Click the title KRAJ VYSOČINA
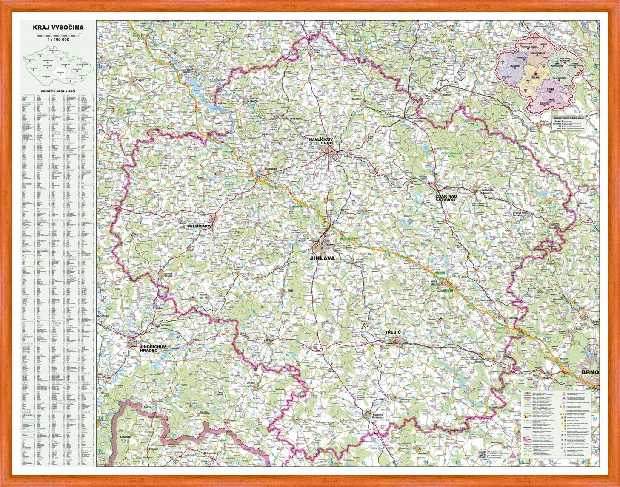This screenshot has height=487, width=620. (x=58, y=28)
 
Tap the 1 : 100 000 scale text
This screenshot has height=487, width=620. (x=58, y=39)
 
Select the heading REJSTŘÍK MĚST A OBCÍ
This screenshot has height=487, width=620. (x=58, y=91)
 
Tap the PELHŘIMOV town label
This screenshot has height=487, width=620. (x=199, y=227)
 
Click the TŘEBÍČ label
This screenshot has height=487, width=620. (x=394, y=332)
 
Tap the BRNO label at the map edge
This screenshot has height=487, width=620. (x=590, y=372)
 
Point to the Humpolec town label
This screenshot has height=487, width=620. (x=271, y=169)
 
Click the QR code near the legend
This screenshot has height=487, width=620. (x=482, y=454)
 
